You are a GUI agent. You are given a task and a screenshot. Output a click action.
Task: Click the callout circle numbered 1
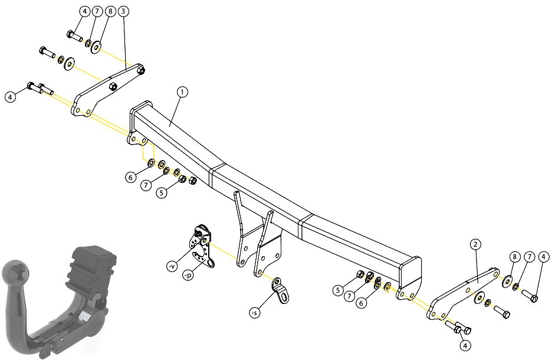tap(182, 92)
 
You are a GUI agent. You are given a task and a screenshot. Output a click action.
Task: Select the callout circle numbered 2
tap(475, 244)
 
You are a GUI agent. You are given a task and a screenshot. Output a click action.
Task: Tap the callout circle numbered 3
tap(123, 11)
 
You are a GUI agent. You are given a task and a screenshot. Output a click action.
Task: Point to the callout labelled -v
tap(172, 266)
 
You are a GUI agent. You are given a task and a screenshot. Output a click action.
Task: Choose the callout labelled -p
tap(188, 275)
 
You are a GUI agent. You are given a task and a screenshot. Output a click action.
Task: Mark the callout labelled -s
tap(254, 313)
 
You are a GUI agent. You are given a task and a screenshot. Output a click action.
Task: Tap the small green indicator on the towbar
tap(63, 339)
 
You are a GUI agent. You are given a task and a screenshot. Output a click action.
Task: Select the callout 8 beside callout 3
tap(110, 11)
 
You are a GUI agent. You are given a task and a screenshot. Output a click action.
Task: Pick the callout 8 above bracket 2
tap(515, 257)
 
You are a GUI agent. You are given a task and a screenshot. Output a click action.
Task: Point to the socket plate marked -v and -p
tap(201, 245)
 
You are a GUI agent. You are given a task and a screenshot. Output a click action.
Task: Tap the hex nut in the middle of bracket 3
tap(113, 86)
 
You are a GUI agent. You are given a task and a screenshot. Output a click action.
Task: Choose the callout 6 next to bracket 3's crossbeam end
tap(130, 177)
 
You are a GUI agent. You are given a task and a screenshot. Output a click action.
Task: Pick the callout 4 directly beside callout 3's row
tap(84, 11)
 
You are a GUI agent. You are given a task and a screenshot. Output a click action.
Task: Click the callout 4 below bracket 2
tap(465, 345)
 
